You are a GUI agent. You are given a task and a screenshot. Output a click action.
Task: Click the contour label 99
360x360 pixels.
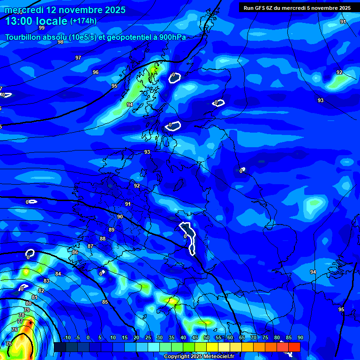click(41, 28)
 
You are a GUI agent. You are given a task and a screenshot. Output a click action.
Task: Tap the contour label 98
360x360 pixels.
click(60, 42)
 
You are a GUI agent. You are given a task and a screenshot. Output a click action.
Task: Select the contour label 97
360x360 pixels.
click(78, 58)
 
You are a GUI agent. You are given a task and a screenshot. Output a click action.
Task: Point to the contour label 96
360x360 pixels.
click(96, 72)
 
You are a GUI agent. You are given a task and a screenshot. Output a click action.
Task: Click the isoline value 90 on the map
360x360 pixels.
click(120, 217)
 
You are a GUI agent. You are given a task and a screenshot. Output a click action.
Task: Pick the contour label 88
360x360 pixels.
click(103, 239)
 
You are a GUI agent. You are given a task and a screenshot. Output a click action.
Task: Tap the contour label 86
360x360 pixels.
click(75, 252)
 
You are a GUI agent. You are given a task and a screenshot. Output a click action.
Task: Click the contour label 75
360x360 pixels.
click(9, 344)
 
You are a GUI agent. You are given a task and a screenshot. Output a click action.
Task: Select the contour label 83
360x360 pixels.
click(46, 281)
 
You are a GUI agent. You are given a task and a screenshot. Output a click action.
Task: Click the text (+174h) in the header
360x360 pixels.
click(83, 21)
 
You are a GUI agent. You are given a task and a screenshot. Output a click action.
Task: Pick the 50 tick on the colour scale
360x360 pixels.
click(207, 338)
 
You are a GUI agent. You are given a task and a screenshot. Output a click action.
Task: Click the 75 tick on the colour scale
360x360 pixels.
click(265, 338)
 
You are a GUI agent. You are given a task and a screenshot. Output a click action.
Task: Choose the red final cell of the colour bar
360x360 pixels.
click(294, 347)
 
